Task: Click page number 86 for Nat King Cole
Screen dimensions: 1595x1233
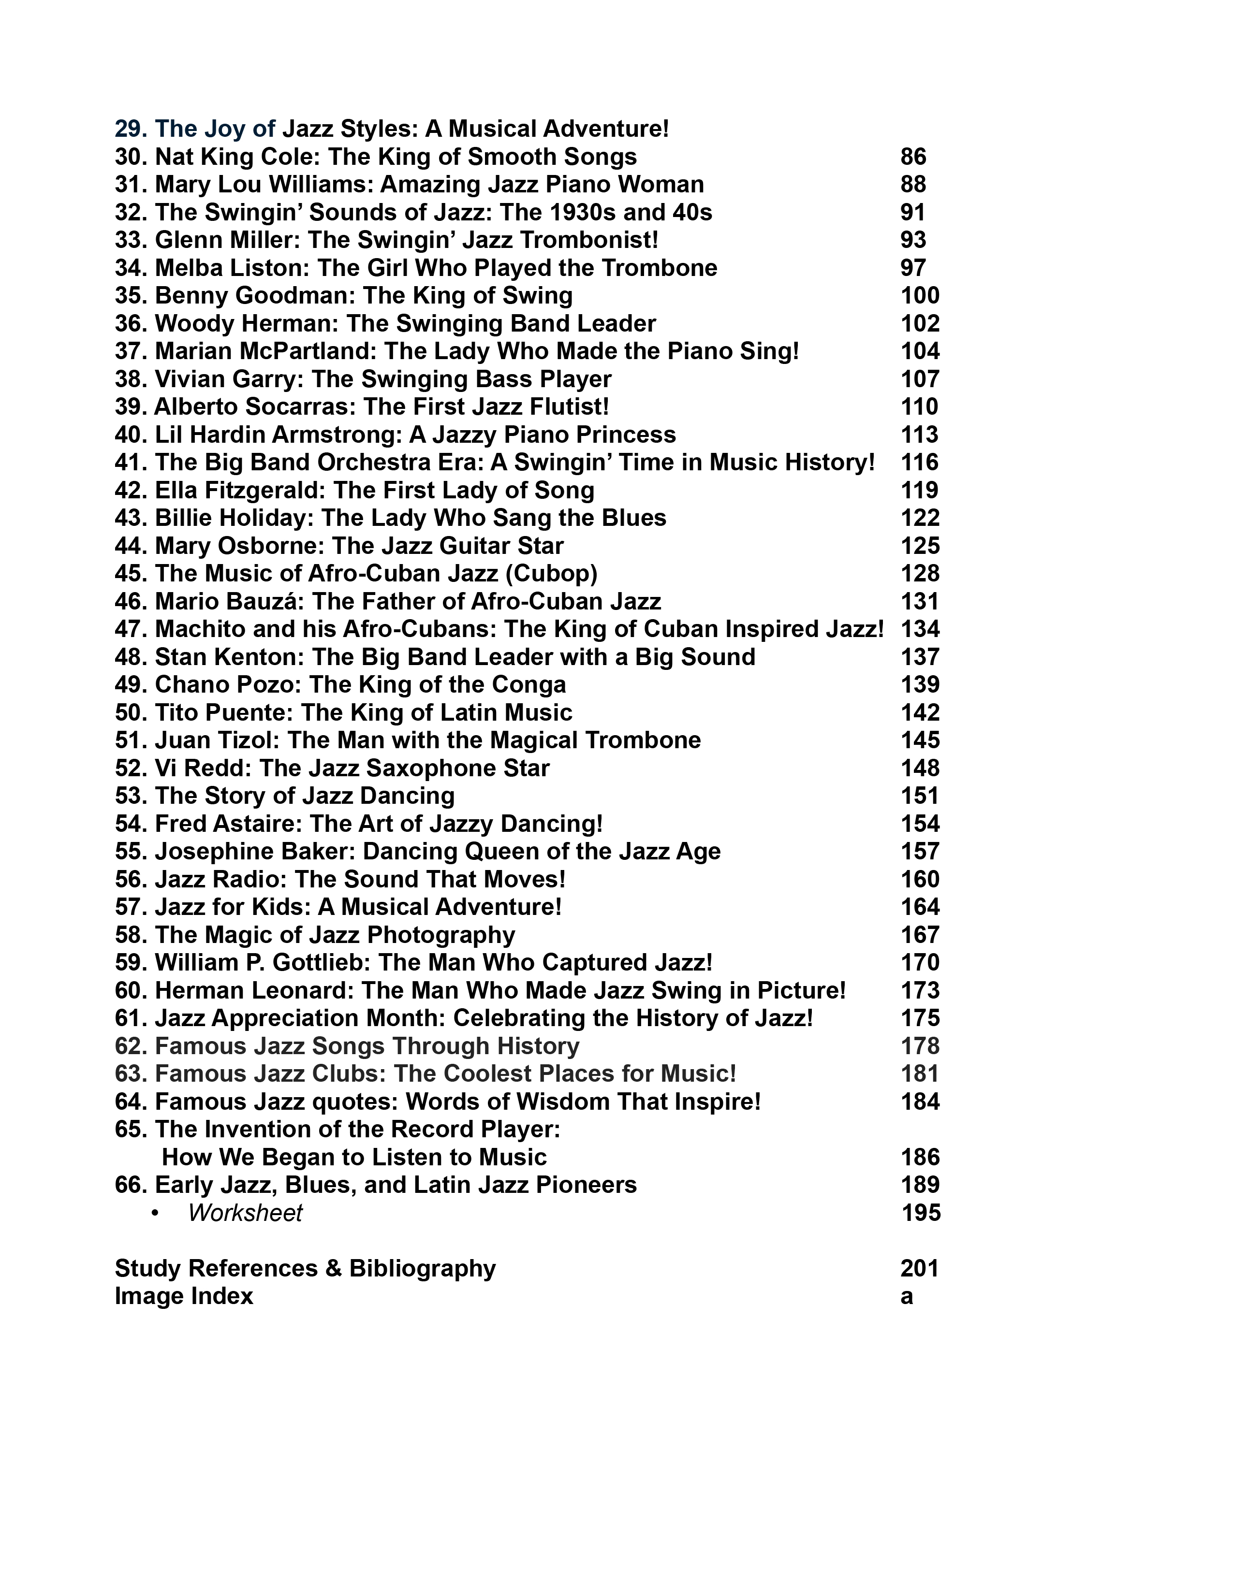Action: pos(913,157)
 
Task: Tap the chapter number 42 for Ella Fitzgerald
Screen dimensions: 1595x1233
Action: pos(131,490)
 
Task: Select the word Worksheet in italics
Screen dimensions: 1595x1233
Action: pos(245,1213)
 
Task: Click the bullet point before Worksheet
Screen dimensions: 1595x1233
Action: pos(155,1213)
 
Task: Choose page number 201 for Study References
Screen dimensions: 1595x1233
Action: pos(919,1269)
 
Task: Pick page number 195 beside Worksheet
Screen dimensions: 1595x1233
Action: pos(920,1213)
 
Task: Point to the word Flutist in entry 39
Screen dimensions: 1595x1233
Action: pos(562,407)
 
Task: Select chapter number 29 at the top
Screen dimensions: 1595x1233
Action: pos(131,129)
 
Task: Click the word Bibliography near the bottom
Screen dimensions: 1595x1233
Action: pos(422,1269)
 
